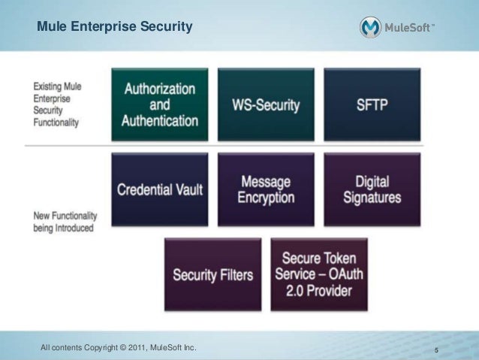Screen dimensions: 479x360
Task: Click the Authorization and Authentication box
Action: [x=159, y=104]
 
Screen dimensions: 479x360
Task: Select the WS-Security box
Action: [x=266, y=104]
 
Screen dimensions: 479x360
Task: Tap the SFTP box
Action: [x=372, y=104]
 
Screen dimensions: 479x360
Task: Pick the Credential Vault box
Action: [x=159, y=189]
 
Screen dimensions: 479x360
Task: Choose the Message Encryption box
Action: [x=266, y=189]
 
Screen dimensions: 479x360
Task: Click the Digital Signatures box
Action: [x=372, y=189]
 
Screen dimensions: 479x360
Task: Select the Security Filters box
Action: [x=212, y=274]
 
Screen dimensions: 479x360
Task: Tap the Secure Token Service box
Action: [x=319, y=274]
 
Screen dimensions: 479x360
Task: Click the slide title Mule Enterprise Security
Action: [x=115, y=28]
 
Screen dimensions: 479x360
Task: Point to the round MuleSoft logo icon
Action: [x=370, y=28]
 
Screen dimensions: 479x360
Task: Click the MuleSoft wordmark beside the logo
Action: [x=409, y=29]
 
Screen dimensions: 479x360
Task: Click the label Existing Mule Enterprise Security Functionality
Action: [x=57, y=104]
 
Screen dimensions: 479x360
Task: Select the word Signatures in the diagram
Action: [x=372, y=198]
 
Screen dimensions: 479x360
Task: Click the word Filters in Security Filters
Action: [x=235, y=274]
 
